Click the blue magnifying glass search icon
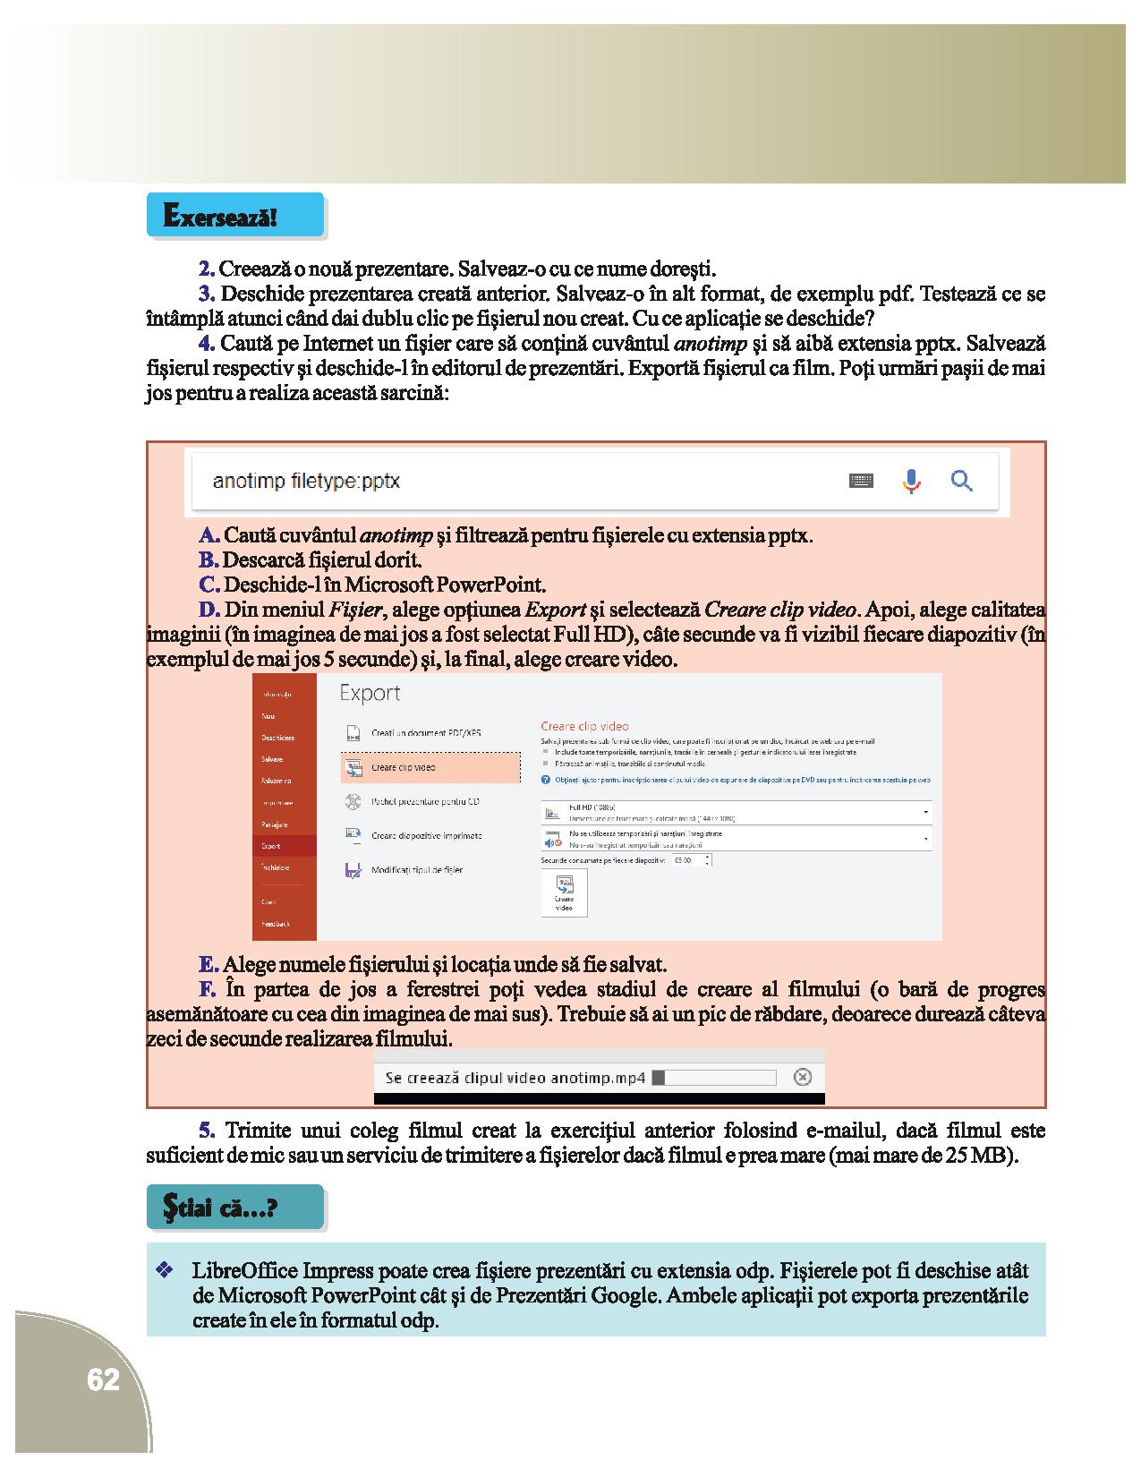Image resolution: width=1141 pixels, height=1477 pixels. (x=962, y=481)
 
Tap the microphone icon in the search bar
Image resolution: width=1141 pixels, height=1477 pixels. (x=911, y=481)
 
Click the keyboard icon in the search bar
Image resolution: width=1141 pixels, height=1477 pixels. (x=861, y=481)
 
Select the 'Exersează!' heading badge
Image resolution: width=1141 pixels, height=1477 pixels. (x=234, y=216)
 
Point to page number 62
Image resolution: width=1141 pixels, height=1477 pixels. (x=103, y=1379)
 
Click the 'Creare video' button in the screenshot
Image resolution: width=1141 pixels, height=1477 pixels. (x=564, y=892)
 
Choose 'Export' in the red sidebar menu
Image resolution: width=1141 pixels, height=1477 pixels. (x=271, y=846)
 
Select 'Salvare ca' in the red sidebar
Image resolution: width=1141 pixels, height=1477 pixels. (x=276, y=781)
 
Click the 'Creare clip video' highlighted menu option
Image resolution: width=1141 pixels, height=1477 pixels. (x=430, y=767)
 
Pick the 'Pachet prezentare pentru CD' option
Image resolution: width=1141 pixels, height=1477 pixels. (x=425, y=802)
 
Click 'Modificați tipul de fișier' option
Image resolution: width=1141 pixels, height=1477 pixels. (x=416, y=870)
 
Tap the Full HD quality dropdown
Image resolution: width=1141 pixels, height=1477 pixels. (x=736, y=812)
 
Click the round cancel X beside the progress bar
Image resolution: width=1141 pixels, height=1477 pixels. (x=803, y=1077)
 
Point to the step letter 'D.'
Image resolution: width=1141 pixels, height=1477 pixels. (x=209, y=610)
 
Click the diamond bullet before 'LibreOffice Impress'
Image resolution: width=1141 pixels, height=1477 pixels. (x=164, y=1270)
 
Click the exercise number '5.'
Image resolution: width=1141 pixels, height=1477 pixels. (x=208, y=1131)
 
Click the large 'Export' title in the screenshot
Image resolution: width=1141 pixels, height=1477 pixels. (x=370, y=694)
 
